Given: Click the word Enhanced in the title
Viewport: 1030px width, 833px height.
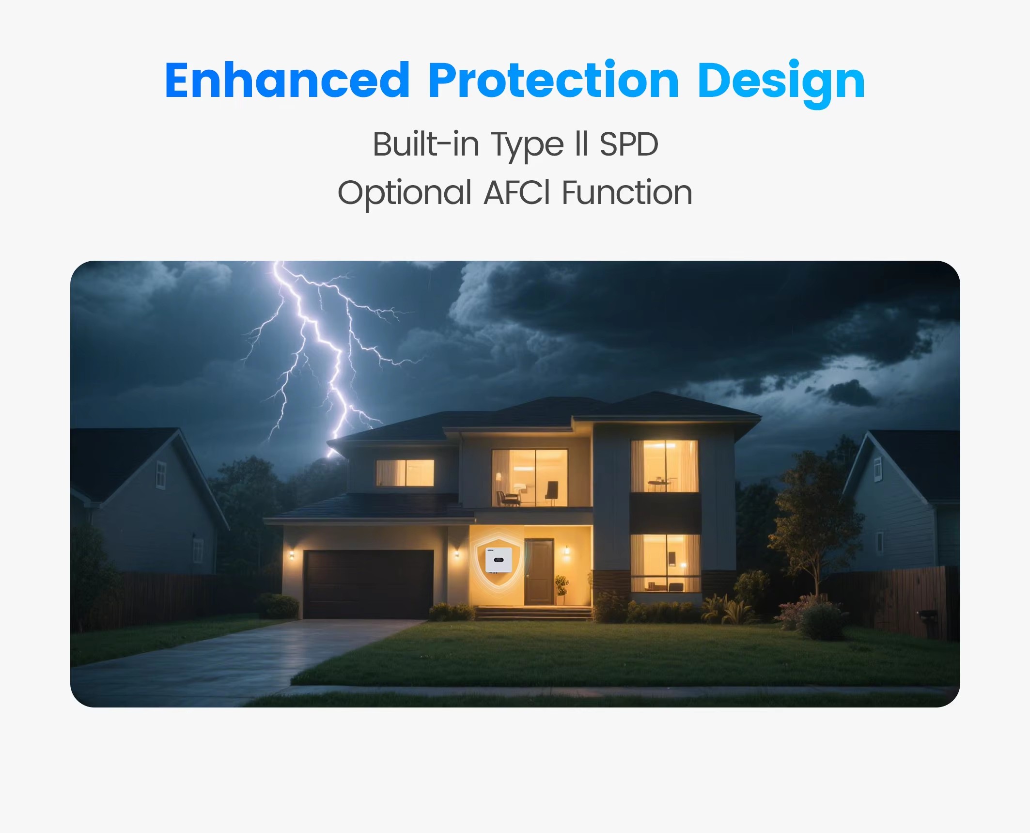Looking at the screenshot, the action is [x=287, y=80].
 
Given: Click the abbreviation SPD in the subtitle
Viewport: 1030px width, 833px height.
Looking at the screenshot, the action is [x=628, y=144].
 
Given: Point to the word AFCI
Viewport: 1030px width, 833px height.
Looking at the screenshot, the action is [x=517, y=192].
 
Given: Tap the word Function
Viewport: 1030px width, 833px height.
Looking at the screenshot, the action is [x=627, y=192].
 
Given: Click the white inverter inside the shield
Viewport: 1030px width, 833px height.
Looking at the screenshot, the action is [x=499, y=560].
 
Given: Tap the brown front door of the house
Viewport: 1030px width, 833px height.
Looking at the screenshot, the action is [x=539, y=572].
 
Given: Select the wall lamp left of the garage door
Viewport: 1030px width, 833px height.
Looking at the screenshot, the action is [x=292, y=554].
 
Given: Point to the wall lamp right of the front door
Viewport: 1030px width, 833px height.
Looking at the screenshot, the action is [x=566, y=550].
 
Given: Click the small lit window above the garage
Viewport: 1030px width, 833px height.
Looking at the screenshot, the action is [x=405, y=472].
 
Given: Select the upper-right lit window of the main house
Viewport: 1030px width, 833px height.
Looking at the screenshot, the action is [x=664, y=466].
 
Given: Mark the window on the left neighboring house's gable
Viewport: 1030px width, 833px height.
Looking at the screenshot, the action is [x=161, y=475].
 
